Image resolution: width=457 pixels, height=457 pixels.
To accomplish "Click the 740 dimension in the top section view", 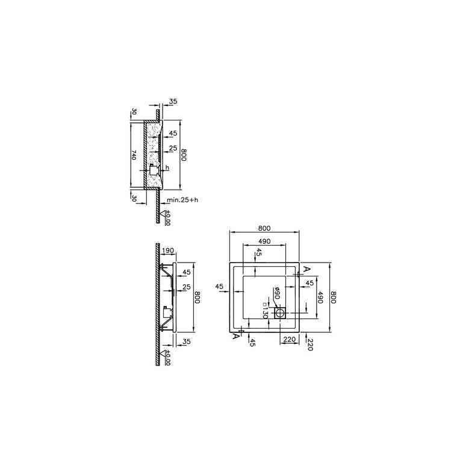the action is tap(134, 155).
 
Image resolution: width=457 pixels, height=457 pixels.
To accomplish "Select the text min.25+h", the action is tap(182, 200).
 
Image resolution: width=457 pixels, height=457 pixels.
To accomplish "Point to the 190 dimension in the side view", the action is tap(167, 250).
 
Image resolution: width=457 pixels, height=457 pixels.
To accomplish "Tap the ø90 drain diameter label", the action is tap(276, 293).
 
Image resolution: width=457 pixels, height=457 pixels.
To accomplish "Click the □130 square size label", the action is tap(265, 311).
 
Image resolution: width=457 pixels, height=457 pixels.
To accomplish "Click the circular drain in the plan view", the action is tap(280, 313).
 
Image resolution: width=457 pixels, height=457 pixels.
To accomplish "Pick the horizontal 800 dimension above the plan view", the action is tap(264, 228).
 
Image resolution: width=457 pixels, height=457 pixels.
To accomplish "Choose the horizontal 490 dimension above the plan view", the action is tap(264, 241).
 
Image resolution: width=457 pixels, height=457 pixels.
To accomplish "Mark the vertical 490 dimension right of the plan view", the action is tap(320, 297).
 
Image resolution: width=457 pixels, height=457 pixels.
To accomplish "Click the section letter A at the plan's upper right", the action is tap(306, 269).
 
